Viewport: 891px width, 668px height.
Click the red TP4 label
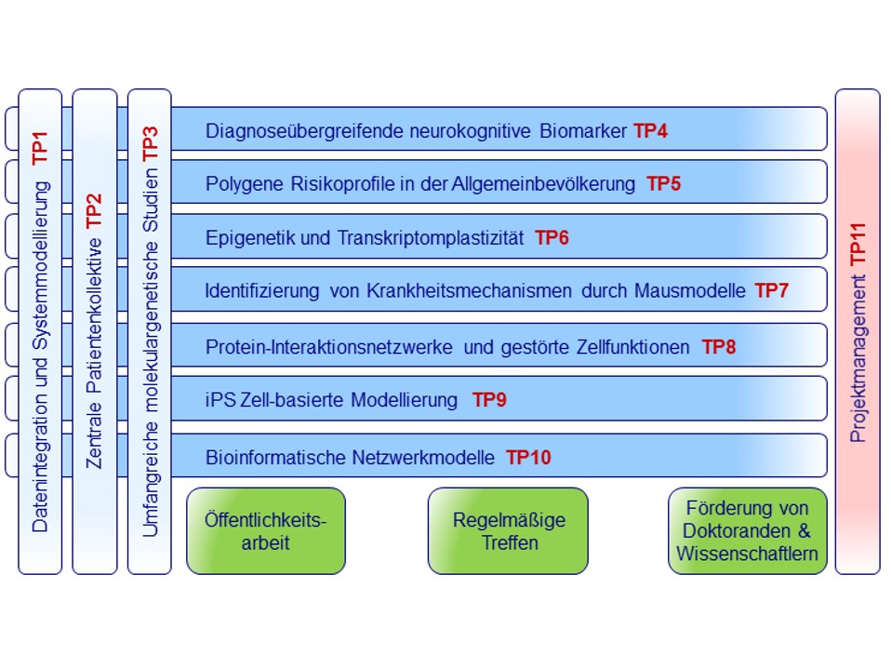(x=651, y=131)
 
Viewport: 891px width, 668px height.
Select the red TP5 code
(x=664, y=183)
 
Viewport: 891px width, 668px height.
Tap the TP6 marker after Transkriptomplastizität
(x=552, y=237)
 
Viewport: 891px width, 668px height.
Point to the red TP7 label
(x=772, y=290)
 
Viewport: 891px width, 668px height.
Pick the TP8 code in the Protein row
(x=719, y=347)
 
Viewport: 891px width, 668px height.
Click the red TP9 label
(x=489, y=400)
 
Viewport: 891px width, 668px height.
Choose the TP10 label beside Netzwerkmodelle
(x=529, y=457)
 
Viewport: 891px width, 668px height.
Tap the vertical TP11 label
(x=858, y=244)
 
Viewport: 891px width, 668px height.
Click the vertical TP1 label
(x=40, y=148)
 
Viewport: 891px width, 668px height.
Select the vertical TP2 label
(x=94, y=211)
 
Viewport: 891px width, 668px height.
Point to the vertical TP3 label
(x=150, y=143)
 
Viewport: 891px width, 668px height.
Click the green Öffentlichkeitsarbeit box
(x=266, y=530)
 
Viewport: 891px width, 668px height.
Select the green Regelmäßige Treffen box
(x=508, y=530)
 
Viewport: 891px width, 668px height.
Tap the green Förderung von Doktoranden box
(x=748, y=530)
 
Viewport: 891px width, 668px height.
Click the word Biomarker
(x=583, y=131)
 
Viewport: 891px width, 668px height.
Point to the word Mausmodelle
(x=690, y=290)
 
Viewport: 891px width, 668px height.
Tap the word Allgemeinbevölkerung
(x=544, y=183)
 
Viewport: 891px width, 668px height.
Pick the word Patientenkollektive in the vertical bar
(x=94, y=315)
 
